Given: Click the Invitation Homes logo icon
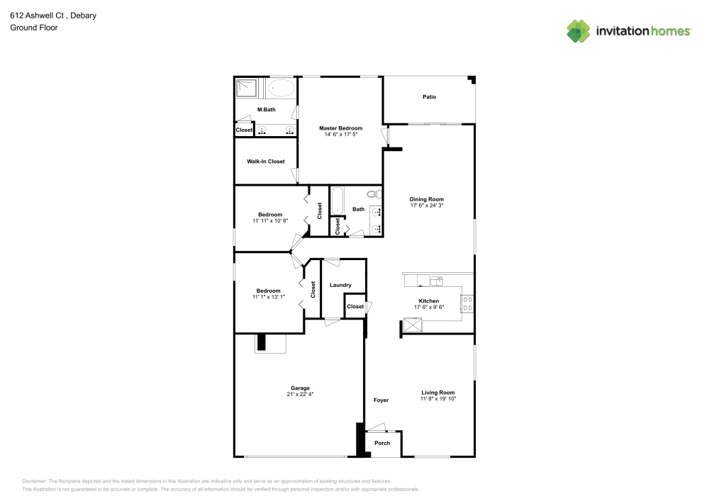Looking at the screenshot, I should pos(579,31).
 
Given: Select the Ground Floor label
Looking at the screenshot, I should pos(34,28).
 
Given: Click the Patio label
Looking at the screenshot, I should pos(429,97).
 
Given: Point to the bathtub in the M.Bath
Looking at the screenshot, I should pos(281,89).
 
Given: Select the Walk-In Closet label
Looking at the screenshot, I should pos(266,162).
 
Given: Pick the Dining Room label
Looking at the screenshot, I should pos(426,200).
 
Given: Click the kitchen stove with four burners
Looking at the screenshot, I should pos(467,303).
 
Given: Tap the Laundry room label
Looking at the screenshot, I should pos(340,285).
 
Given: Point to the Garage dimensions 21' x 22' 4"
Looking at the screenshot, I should pos(300,394).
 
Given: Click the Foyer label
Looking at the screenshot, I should pos(381,400).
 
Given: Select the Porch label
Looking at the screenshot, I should pos(382,443).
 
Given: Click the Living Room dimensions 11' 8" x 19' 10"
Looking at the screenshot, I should pos(437,399).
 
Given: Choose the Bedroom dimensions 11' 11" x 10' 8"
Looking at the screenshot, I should pos(270,221).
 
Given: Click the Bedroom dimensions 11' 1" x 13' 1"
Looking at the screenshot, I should pos(269,297).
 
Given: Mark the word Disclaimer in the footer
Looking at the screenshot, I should pos(35,481).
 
